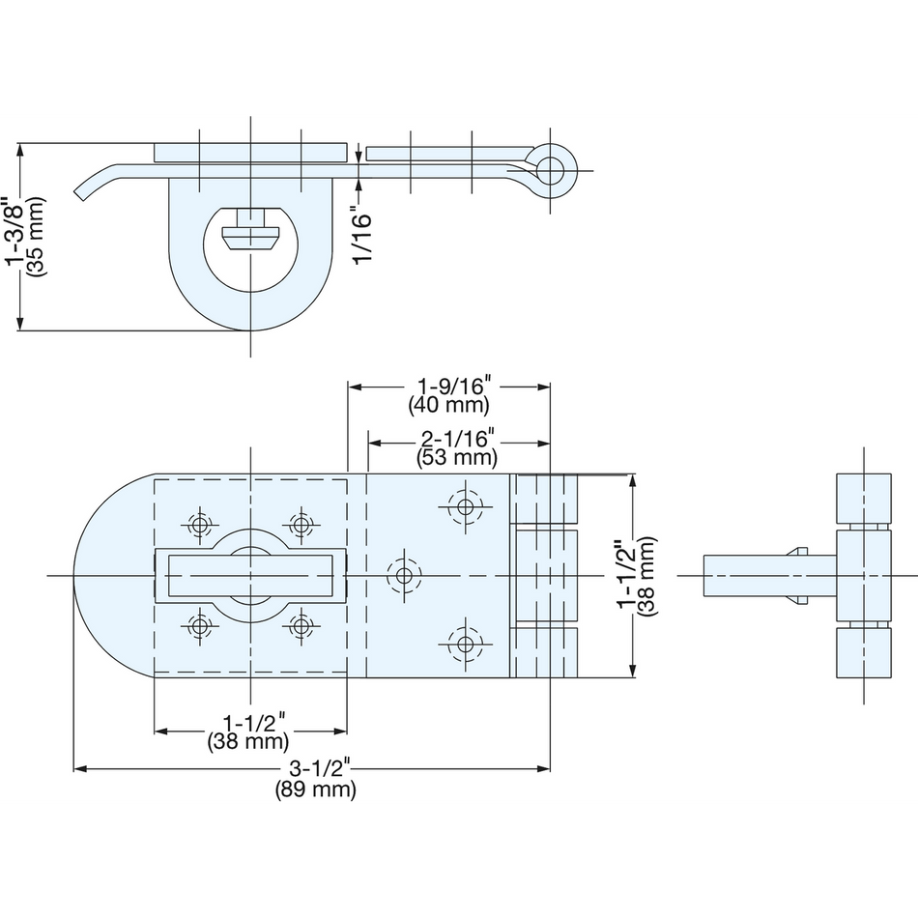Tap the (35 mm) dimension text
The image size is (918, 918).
pos(36,236)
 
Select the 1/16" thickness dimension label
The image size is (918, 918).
pos(362,235)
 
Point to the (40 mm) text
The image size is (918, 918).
pos(449,405)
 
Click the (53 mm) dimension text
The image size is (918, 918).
pos(457,457)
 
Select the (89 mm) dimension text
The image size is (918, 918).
pos(316,789)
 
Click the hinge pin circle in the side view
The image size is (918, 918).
pos(550,171)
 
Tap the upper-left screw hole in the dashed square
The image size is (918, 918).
pos(200,525)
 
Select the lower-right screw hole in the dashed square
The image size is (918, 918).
pos(301,626)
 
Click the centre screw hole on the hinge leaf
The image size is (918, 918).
pos(404,576)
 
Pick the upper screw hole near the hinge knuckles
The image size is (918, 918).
pos(466,506)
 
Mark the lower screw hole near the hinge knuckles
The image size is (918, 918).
pos(466,645)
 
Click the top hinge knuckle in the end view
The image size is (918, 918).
pos(864,499)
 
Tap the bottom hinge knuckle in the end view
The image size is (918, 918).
pos(864,653)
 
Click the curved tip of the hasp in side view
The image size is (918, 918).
pos(81,193)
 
